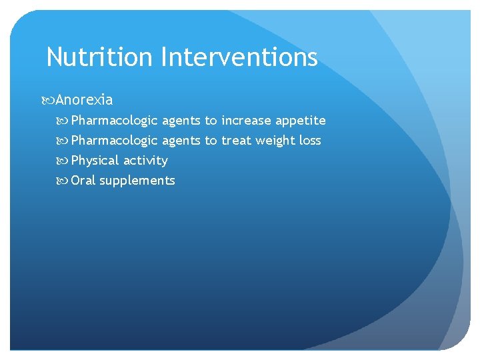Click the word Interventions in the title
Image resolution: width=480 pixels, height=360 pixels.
pos(239,57)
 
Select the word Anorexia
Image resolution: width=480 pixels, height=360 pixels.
pos(84,100)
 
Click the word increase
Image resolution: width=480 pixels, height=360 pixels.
pos(246,121)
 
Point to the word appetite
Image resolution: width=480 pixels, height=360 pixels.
pos(300,121)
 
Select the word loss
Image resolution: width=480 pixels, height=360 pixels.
pos(310,141)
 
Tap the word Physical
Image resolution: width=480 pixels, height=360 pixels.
pos(95,161)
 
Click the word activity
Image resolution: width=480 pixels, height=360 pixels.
pos(146,161)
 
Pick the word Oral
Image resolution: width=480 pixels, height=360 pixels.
pos(83,181)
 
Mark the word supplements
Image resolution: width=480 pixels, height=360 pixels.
pos(137,181)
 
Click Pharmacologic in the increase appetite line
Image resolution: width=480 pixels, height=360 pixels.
pos(115,121)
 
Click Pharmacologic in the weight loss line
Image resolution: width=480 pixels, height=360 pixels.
pos(115,141)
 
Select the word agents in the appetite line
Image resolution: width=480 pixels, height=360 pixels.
pos(181,121)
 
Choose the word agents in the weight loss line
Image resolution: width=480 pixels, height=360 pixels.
pos(181,141)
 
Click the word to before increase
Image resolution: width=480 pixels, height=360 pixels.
pos(211,121)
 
